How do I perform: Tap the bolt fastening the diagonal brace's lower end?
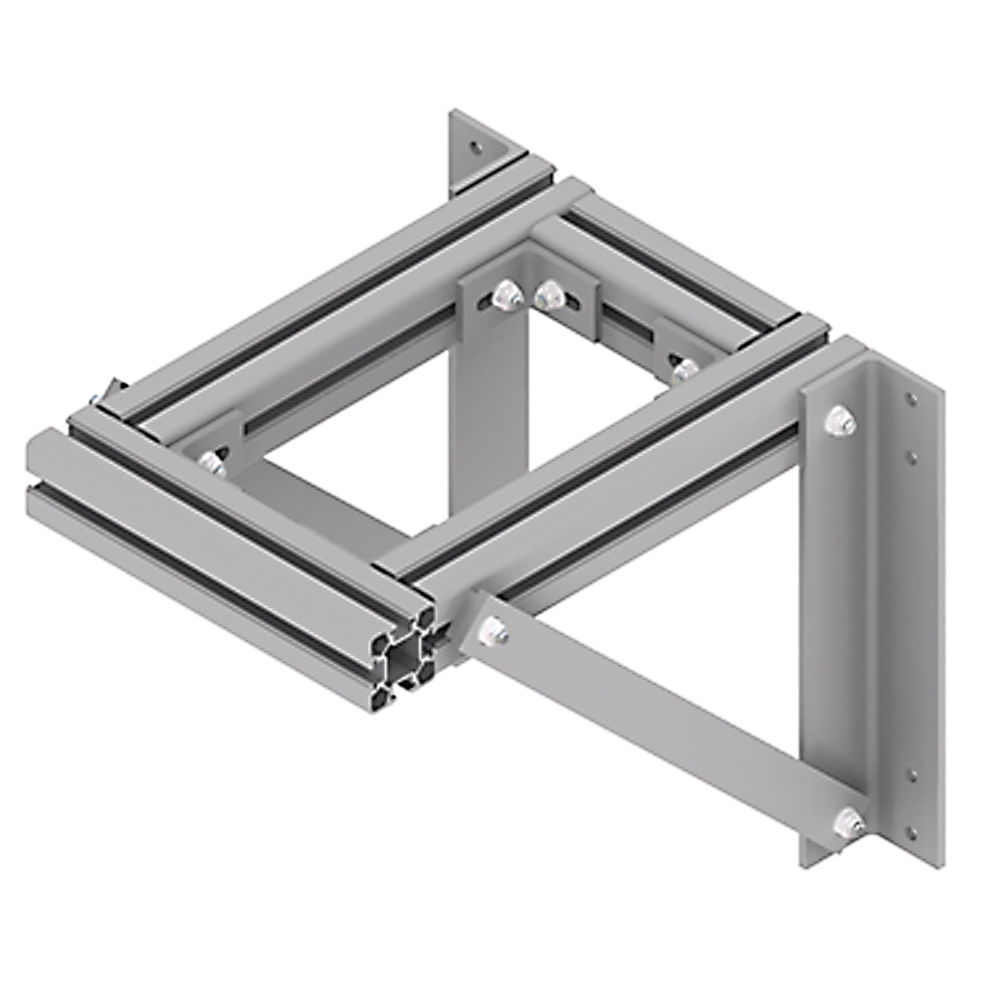[x=850, y=822]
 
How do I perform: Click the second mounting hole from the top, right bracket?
[x=911, y=457]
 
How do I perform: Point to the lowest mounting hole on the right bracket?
[x=911, y=834]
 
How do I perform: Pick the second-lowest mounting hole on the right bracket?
[x=911, y=776]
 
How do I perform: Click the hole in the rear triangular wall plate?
[x=475, y=147]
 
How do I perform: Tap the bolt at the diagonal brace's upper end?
[x=493, y=633]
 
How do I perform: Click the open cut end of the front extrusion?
[x=406, y=657]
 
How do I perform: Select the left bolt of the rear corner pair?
[x=508, y=296]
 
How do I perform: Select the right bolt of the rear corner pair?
[x=547, y=296]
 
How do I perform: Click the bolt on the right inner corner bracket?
[x=682, y=368]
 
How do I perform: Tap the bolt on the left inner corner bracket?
[x=212, y=463]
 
